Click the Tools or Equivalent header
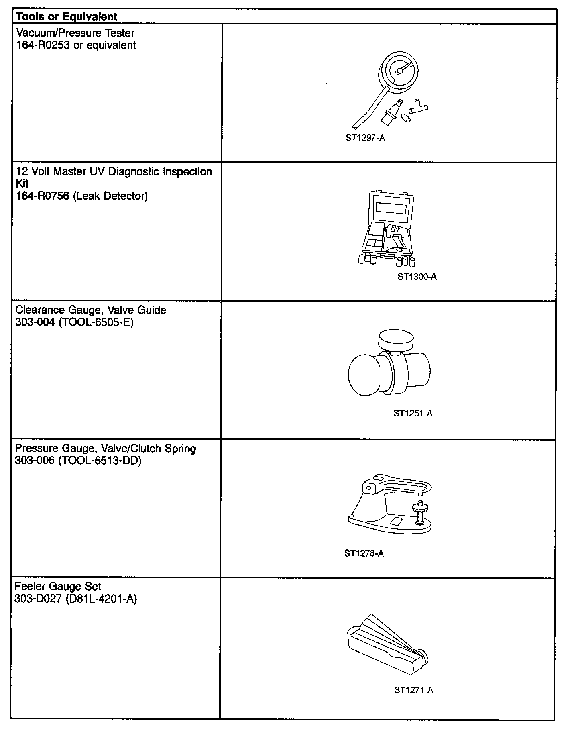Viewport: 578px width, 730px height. pyautogui.click(x=67, y=17)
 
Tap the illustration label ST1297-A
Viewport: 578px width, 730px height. pyautogui.click(x=365, y=138)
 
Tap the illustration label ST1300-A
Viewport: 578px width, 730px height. pyautogui.click(x=417, y=277)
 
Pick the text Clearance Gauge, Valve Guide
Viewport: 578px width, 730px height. pyautogui.click(x=91, y=310)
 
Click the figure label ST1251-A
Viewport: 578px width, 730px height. pyautogui.click(x=413, y=413)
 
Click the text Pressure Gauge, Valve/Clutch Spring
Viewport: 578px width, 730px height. pyautogui.click(x=106, y=448)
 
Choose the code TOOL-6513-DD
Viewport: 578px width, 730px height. pyautogui.click(x=100, y=460)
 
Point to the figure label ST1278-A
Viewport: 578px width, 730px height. pyautogui.click(x=364, y=553)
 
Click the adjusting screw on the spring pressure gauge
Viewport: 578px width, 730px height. pyautogui.click(x=419, y=512)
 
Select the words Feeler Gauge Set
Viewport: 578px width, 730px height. pyautogui.click(x=58, y=586)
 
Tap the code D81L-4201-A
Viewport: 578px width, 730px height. pyautogui.click(x=101, y=599)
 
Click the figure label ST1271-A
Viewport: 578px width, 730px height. pyautogui.click(x=414, y=690)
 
